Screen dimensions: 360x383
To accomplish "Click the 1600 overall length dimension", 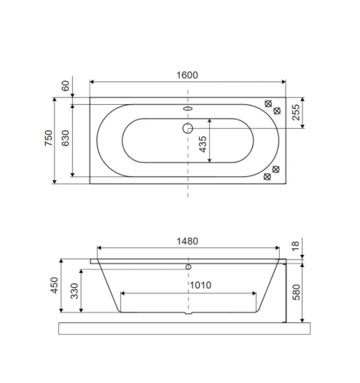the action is tap(187, 75).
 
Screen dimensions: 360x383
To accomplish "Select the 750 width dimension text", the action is tap(48, 138).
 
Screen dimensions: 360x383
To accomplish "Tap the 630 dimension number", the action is tap(66, 138).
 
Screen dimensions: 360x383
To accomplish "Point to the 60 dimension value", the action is tap(65, 86).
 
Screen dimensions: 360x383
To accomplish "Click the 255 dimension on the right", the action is tap(296, 112).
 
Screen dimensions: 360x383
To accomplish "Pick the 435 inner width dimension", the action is tap(202, 144).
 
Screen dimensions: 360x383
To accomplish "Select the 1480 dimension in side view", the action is tap(188, 241).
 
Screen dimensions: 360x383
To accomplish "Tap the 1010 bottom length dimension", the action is tap(201, 285).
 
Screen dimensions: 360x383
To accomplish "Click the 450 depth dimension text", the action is tap(54, 285).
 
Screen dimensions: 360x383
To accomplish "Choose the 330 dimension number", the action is tap(74, 291).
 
